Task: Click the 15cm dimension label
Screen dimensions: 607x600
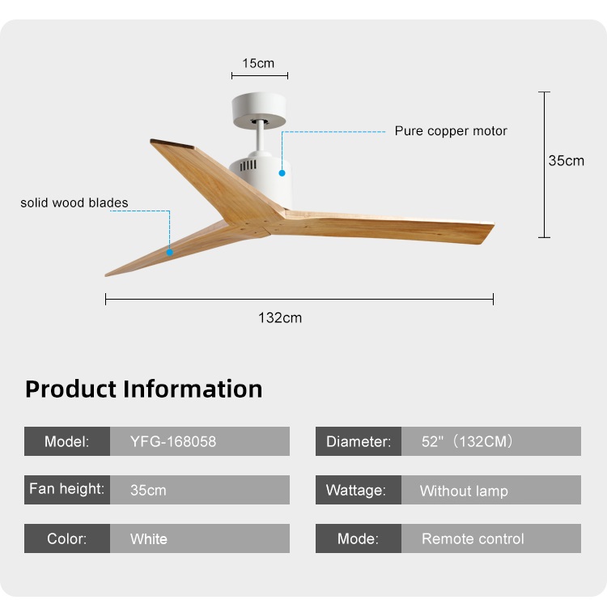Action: [x=258, y=63]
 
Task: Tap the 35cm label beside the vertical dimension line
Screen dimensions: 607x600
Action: [x=566, y=161]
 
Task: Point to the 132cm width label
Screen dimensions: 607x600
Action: [x=280, y=318]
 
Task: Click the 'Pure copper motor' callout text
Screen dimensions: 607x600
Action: [x=451, y=131]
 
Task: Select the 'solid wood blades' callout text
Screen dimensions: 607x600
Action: [x=74, y=202]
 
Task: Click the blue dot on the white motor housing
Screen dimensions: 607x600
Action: [x=282, y=173]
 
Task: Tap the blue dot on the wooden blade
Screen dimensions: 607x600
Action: [x=170, y=253]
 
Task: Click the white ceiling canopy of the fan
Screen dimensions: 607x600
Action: [x=259, y=109]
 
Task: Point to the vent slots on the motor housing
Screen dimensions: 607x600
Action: [x=248, y=165]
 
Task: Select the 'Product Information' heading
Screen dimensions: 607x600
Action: [x=143, y=389]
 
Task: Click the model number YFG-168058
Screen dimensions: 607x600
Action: [x=173, y=441]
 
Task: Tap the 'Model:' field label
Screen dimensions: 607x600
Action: [x=66, y=441]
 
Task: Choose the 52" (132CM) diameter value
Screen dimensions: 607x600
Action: [x=467, y=441]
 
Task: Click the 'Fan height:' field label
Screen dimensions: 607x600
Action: [x=66, y=489]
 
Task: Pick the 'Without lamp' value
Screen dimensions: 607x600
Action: [x=464, y=491]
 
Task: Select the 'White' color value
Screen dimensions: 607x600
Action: [x=149, y=538]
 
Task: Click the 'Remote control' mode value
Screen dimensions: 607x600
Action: [x=473, y=538]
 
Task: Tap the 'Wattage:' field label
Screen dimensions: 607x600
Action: [x=356, y=491]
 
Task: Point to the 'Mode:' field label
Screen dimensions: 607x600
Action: [x=358, y=538]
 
